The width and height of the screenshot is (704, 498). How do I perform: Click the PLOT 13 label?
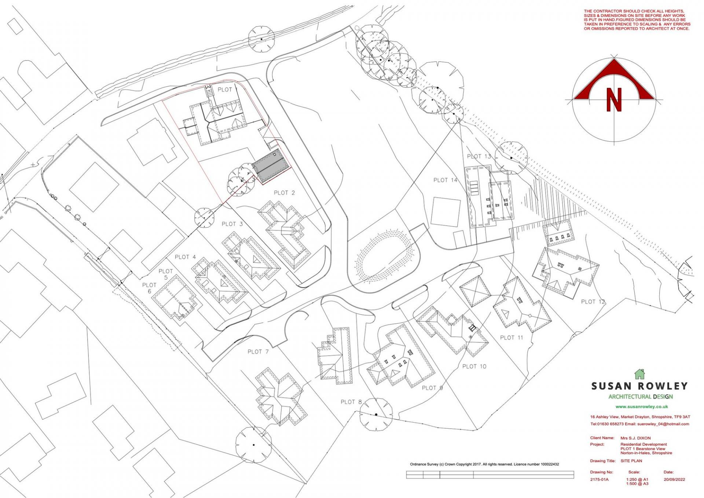478,156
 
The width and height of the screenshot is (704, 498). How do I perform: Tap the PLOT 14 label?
445,180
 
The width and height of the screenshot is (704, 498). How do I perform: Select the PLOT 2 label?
284,193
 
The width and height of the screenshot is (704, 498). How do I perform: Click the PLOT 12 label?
593,302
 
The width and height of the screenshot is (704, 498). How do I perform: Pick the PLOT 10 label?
474,366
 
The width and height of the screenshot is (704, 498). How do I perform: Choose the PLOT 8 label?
351,402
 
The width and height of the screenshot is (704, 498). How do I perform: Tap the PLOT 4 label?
185,257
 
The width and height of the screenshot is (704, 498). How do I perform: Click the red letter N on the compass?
614,100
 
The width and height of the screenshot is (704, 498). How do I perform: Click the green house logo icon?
639,374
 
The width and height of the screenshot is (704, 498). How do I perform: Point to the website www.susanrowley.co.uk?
642,407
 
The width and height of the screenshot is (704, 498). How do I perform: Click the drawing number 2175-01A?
599,479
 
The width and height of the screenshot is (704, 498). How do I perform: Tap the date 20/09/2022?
674,479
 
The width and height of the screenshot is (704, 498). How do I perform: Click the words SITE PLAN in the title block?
631,461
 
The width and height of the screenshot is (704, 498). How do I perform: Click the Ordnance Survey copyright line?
484,464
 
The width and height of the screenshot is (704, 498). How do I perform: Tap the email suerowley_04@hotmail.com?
663,424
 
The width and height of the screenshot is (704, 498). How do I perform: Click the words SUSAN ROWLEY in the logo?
639,386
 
